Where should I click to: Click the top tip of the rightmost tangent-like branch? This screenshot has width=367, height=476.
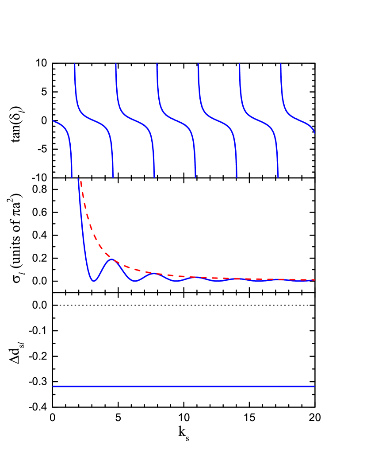point(281,64)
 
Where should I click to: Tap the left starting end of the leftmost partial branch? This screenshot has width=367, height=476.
point(54,120)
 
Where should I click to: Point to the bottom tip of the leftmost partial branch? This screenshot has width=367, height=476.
point(72,177)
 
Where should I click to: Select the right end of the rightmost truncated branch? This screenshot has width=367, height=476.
point(315,132)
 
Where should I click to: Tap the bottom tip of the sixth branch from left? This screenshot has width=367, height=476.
point(278,177)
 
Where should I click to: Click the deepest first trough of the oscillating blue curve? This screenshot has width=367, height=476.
point(94,281)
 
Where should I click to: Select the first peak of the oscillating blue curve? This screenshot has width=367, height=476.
point(113,259)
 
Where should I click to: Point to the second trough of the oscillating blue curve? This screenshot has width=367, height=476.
point(135,282)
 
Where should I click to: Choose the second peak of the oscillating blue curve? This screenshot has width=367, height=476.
point(154,273)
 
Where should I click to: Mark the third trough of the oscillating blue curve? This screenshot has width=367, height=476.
point(176,281)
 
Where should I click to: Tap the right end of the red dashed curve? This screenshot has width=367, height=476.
point(315,280)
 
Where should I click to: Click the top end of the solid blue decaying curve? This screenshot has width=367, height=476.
point(78,179)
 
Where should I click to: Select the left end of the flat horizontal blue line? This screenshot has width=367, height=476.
point(54,386)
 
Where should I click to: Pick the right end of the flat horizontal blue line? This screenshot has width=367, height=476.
point(315,386)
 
